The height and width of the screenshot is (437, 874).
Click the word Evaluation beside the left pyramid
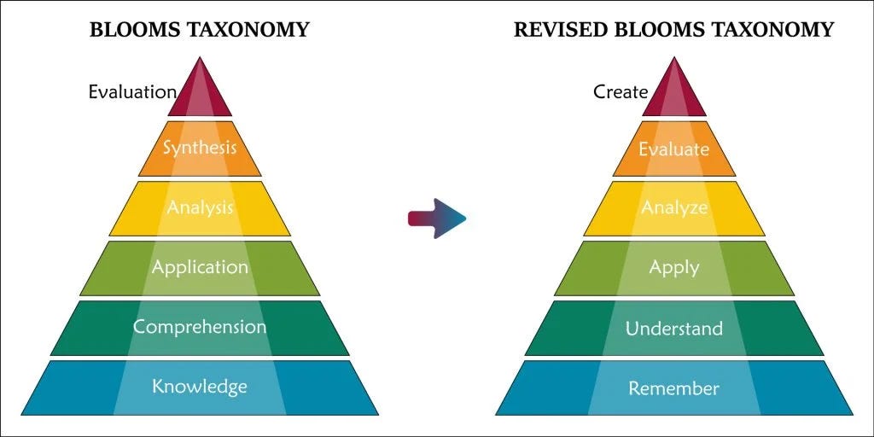click(x=132, y=91)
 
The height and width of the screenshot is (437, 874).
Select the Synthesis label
click(x=200, y=148)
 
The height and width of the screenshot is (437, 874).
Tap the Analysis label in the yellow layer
click(x=200, y=207)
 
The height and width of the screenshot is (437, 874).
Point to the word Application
click(x=200, y=267)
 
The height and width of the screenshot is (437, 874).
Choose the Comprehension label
click(x=200, y=327)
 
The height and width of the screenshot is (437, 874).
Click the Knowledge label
click(x=200, y=386)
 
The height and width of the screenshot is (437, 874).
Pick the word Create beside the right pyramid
click(x=621, y=91)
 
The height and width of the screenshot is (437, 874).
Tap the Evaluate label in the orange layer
click(x=674, y=149)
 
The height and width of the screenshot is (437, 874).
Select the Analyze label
click(x=674, y=207)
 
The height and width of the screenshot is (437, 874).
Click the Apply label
click(x=674, y=267)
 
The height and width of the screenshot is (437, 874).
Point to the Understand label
click(x=674, y=329)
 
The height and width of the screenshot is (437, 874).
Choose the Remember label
click(x=674, y=388)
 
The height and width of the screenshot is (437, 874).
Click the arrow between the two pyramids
click(x=437, y=218)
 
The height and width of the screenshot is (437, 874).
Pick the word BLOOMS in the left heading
click(x=130, y=31)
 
